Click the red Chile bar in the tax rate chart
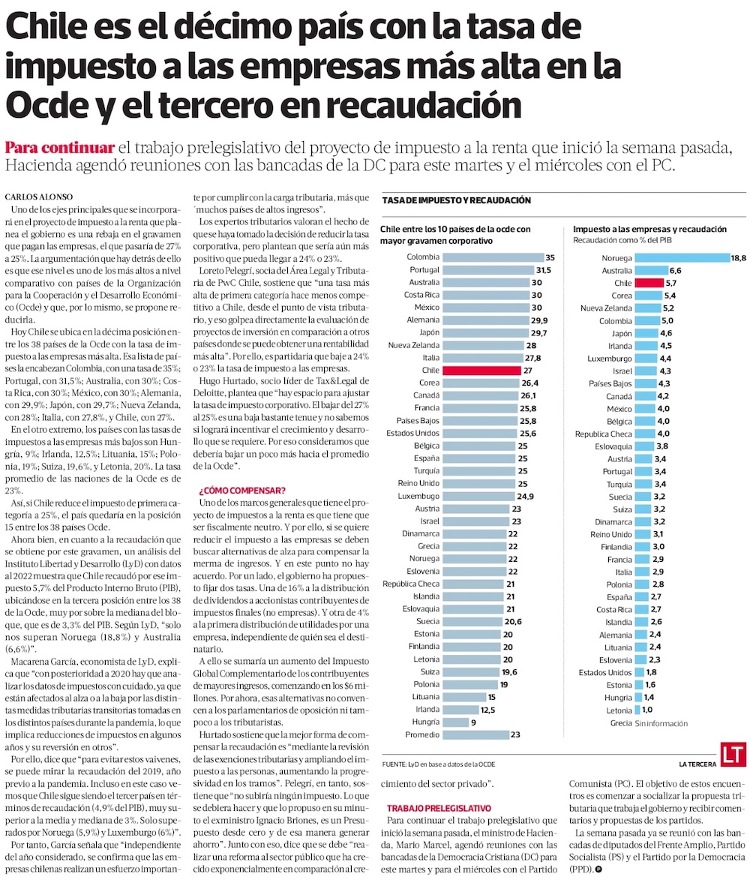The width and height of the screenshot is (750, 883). coord(481,371)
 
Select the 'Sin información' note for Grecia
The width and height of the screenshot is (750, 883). coord(661,723)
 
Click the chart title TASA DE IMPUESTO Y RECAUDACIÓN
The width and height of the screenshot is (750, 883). coord(457,200)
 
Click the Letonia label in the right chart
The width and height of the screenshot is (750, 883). coord(619,710)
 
